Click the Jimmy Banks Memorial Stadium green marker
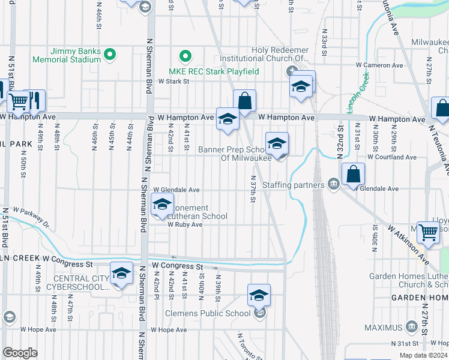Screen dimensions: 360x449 (109, 55)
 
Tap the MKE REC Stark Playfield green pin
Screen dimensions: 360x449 (186, 58)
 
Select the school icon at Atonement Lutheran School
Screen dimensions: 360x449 (162, 205)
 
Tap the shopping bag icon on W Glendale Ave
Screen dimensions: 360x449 (354, 175)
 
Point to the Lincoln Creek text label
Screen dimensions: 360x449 (358, 93)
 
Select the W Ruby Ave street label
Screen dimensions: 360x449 (185, 224)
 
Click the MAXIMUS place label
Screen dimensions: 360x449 (383, 328)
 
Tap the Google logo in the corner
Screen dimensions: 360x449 (20, 353)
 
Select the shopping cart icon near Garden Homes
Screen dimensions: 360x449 (428, 231)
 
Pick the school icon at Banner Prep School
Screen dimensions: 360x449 (277, 143)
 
